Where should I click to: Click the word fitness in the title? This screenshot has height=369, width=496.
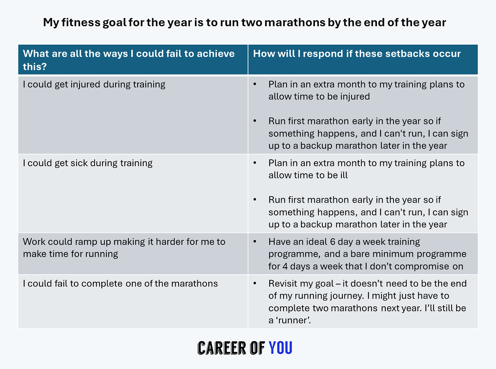point(81,23)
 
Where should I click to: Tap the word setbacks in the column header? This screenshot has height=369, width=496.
point(407,53)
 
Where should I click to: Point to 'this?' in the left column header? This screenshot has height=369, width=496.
point(35,67)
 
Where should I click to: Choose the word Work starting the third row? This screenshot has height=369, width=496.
point(34,242)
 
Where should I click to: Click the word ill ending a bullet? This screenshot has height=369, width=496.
point(344,175)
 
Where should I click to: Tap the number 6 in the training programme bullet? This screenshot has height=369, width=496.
point(333,242)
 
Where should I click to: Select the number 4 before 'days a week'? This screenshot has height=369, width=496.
point(285,266)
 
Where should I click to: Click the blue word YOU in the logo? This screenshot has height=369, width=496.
point(281,348)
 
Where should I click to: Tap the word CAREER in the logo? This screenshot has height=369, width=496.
point(222,348)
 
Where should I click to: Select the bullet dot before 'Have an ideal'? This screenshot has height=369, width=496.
point(255,242)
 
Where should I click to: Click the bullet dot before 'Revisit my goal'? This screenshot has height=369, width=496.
point(255,283)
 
